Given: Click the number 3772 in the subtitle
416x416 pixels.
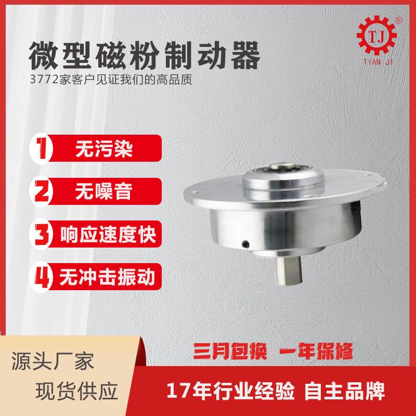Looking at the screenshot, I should click(x=43, y=82).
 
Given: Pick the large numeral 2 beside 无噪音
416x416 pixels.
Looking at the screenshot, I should click(x=44, y=190).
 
